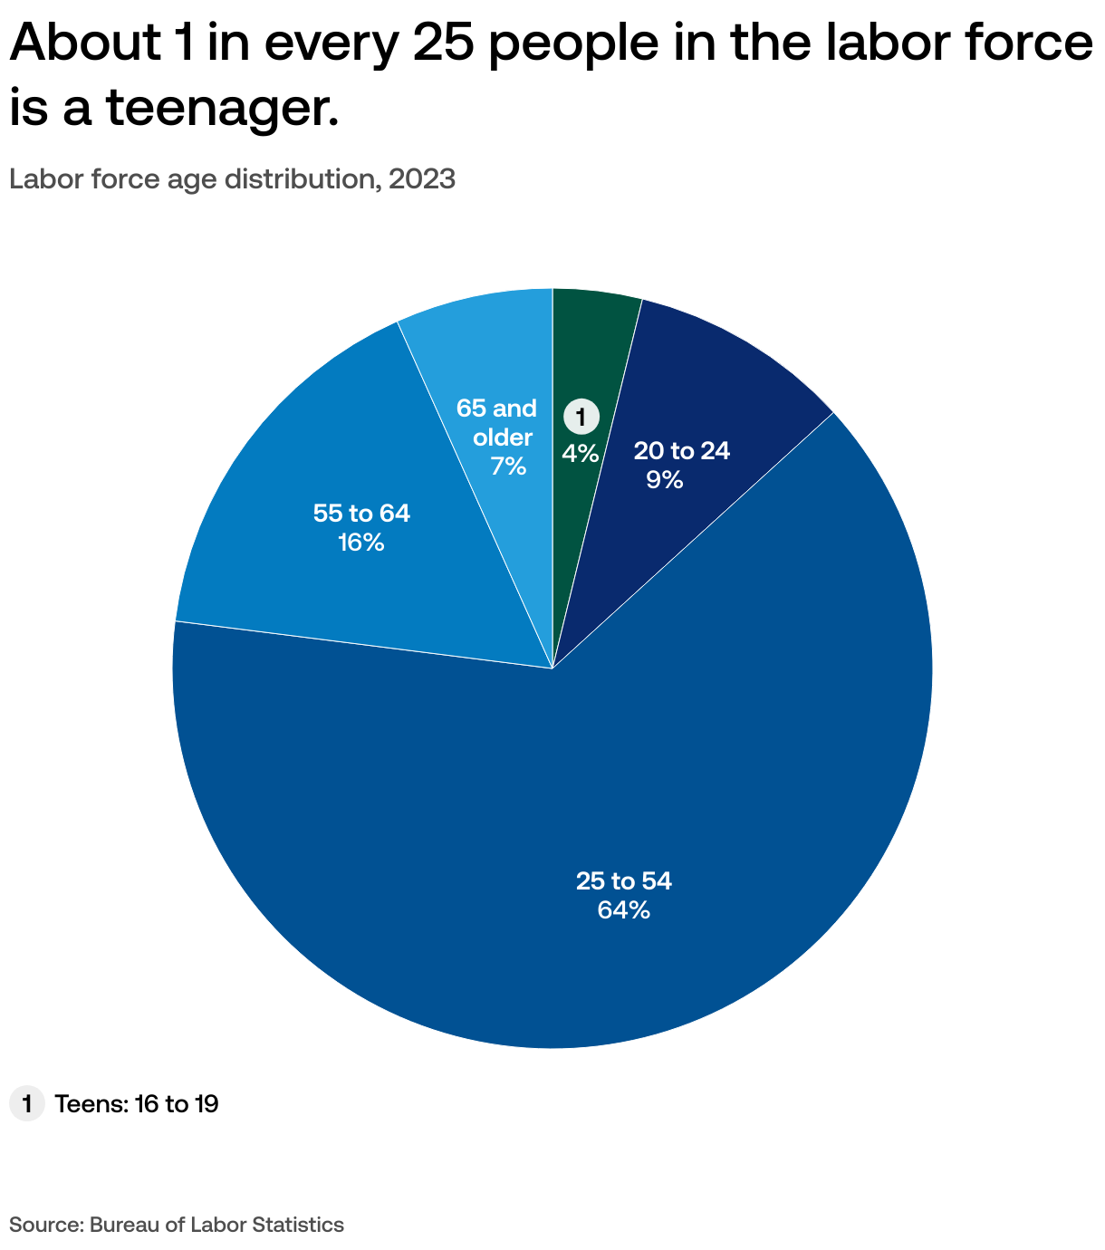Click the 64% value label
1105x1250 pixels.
(624, 910)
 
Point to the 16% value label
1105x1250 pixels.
(361, 543)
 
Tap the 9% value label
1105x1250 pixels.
(664, 480)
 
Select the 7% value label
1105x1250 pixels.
(508, 466)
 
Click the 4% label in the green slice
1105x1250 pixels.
(581, 453)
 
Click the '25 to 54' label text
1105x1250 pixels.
(624, 881)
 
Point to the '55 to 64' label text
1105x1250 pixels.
(361, 514)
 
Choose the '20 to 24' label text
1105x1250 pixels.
(681, 450)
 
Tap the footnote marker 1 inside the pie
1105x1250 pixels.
(581, 418)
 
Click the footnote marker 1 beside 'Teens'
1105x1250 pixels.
(27, 1104)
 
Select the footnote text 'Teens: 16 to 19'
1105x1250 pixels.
(136, 1104)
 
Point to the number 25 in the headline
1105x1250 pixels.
(444, 43)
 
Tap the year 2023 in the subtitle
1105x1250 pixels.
(421, 179)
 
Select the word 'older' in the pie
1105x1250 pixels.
(503, 437)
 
